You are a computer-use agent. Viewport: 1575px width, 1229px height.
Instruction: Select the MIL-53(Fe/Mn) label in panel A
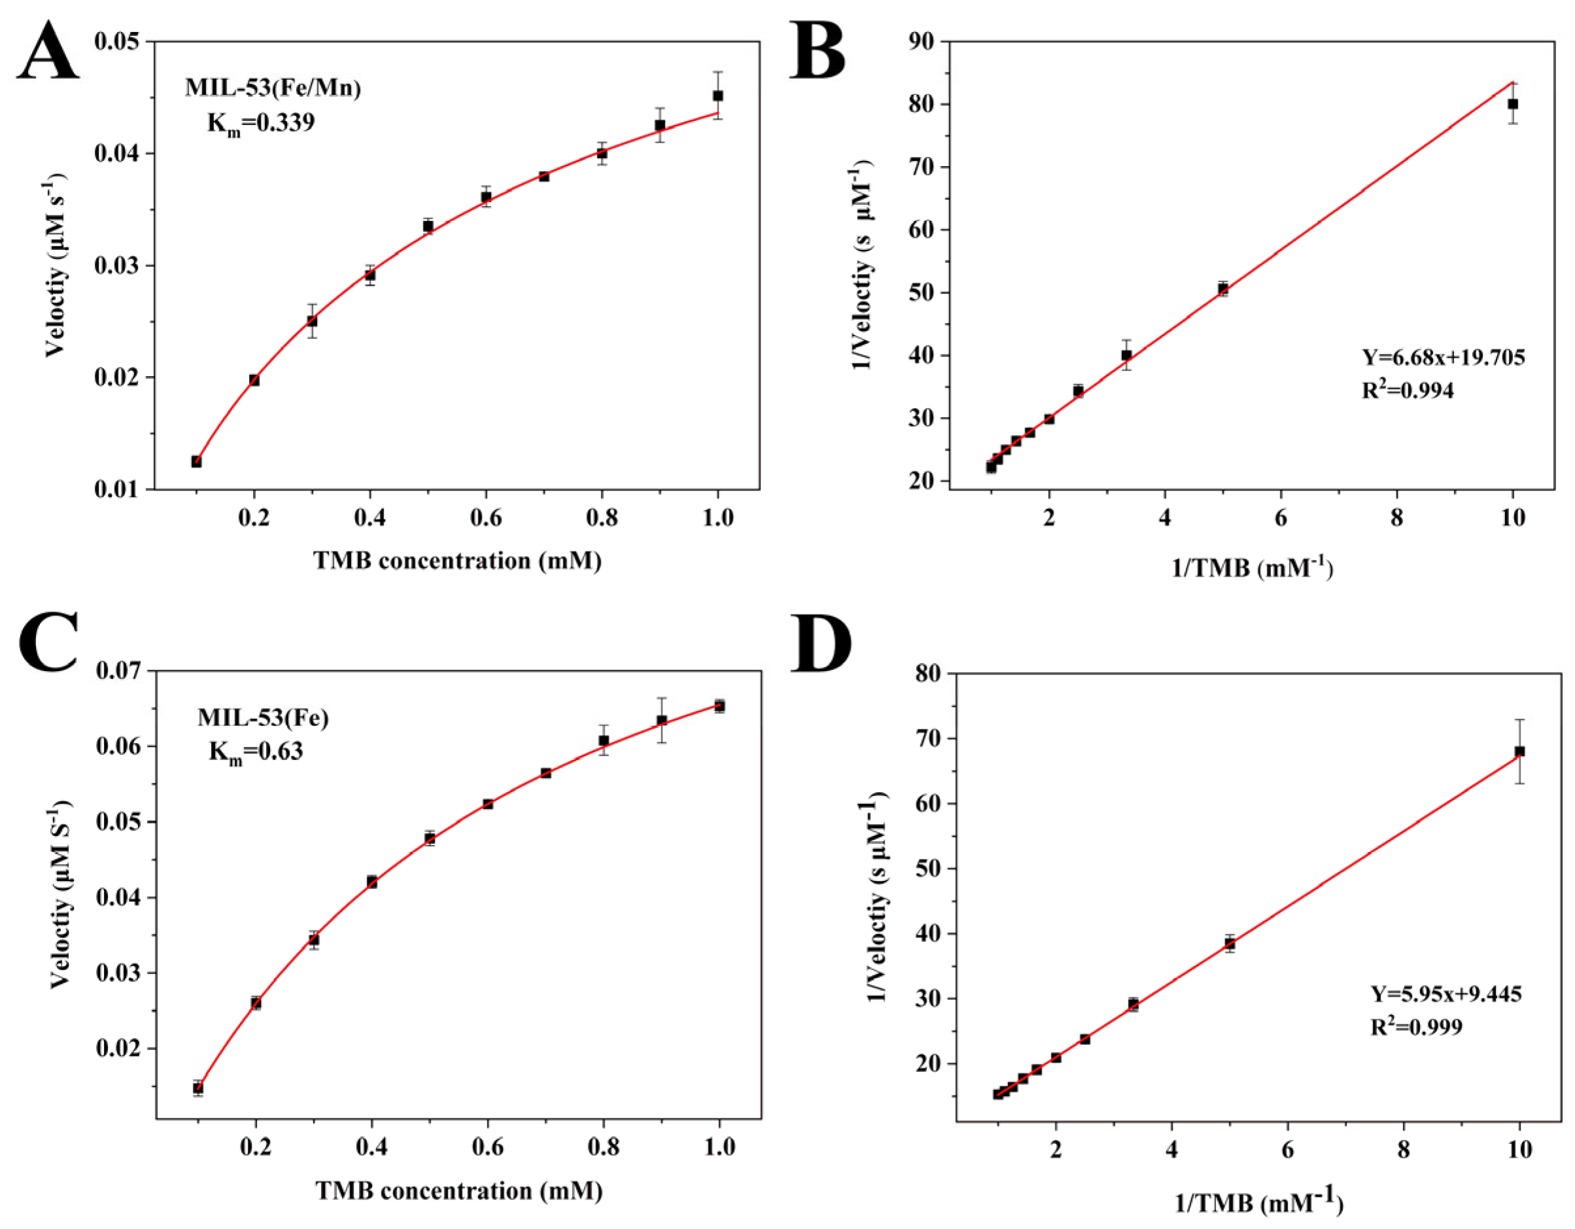(x=273, y=88)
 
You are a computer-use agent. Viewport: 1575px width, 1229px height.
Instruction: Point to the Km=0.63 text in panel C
(x=256, y=752)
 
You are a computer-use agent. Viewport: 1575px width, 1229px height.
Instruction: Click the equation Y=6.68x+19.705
(x=1443, y=357)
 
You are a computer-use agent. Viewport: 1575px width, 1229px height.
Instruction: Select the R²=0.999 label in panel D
(x=1416, y=1026)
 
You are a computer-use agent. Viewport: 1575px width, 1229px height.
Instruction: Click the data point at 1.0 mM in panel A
(x=718, y=95)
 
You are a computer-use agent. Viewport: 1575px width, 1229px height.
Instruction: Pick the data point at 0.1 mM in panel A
(x=196, y=462)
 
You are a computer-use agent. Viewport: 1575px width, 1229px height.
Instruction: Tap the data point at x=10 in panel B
(x=1513, y=104)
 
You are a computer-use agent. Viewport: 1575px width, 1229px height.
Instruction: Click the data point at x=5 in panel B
(x=1223, y=288)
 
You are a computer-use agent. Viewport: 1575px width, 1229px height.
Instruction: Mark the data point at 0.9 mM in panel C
(x=661, y=721)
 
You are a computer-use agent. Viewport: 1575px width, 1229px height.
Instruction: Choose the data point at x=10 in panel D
(x=1519, y=752)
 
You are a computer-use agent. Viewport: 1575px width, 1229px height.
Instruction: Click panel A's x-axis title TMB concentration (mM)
(x=457, y=561)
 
